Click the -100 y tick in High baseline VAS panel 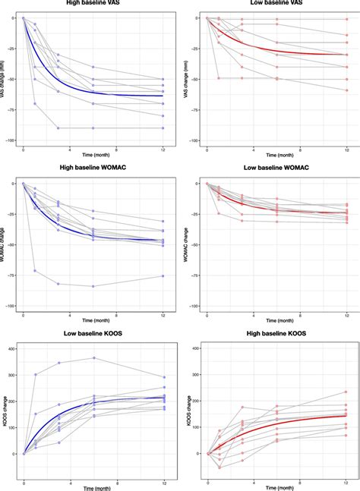click(10, 140)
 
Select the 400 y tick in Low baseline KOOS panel click(11, 349)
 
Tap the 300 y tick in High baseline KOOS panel click(194, 375)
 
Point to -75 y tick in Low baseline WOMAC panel click(194, 275)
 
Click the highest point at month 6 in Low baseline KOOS click(94, 358)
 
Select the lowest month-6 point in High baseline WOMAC click(94, 286)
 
